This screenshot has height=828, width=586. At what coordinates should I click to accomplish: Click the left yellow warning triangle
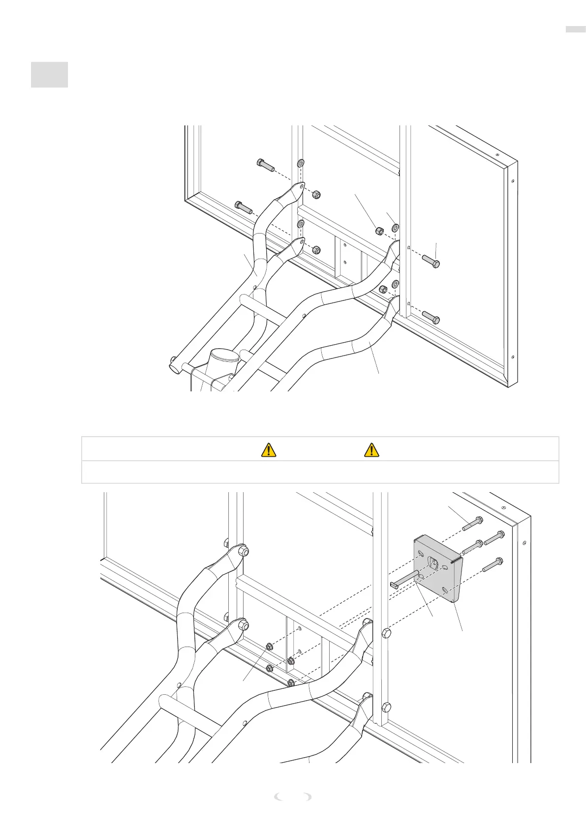(x=268, y=449)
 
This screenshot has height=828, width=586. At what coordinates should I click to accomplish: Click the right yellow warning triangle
(x=371, y=449)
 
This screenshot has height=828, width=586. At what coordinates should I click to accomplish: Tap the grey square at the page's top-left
(x=49, y=75)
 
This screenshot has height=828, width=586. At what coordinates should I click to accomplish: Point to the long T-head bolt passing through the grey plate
(x=404, y=578)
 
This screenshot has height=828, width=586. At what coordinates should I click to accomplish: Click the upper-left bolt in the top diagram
(x=266, y=165)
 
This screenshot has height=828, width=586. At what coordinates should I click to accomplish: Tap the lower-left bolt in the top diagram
(x=244, y=207)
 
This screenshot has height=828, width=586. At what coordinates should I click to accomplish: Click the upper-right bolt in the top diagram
(x=431, y=261)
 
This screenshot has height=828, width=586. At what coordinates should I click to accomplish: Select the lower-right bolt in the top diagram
(x=431, y=317)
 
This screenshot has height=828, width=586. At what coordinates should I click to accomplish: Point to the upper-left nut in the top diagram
(x=317, y=195)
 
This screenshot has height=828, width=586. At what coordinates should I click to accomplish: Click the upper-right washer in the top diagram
(x=395, y=228)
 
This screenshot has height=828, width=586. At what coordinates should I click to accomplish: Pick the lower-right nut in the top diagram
(x=383, y=289)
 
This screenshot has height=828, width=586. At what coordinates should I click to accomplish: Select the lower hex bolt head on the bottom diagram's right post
(x=386, y=708)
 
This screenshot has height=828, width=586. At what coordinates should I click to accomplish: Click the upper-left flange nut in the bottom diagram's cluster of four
(x=270, y=646)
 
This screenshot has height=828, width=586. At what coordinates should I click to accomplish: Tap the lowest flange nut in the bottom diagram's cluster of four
(x=291, y=682)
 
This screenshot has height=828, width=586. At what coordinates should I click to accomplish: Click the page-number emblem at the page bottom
(x=293, y=797)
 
